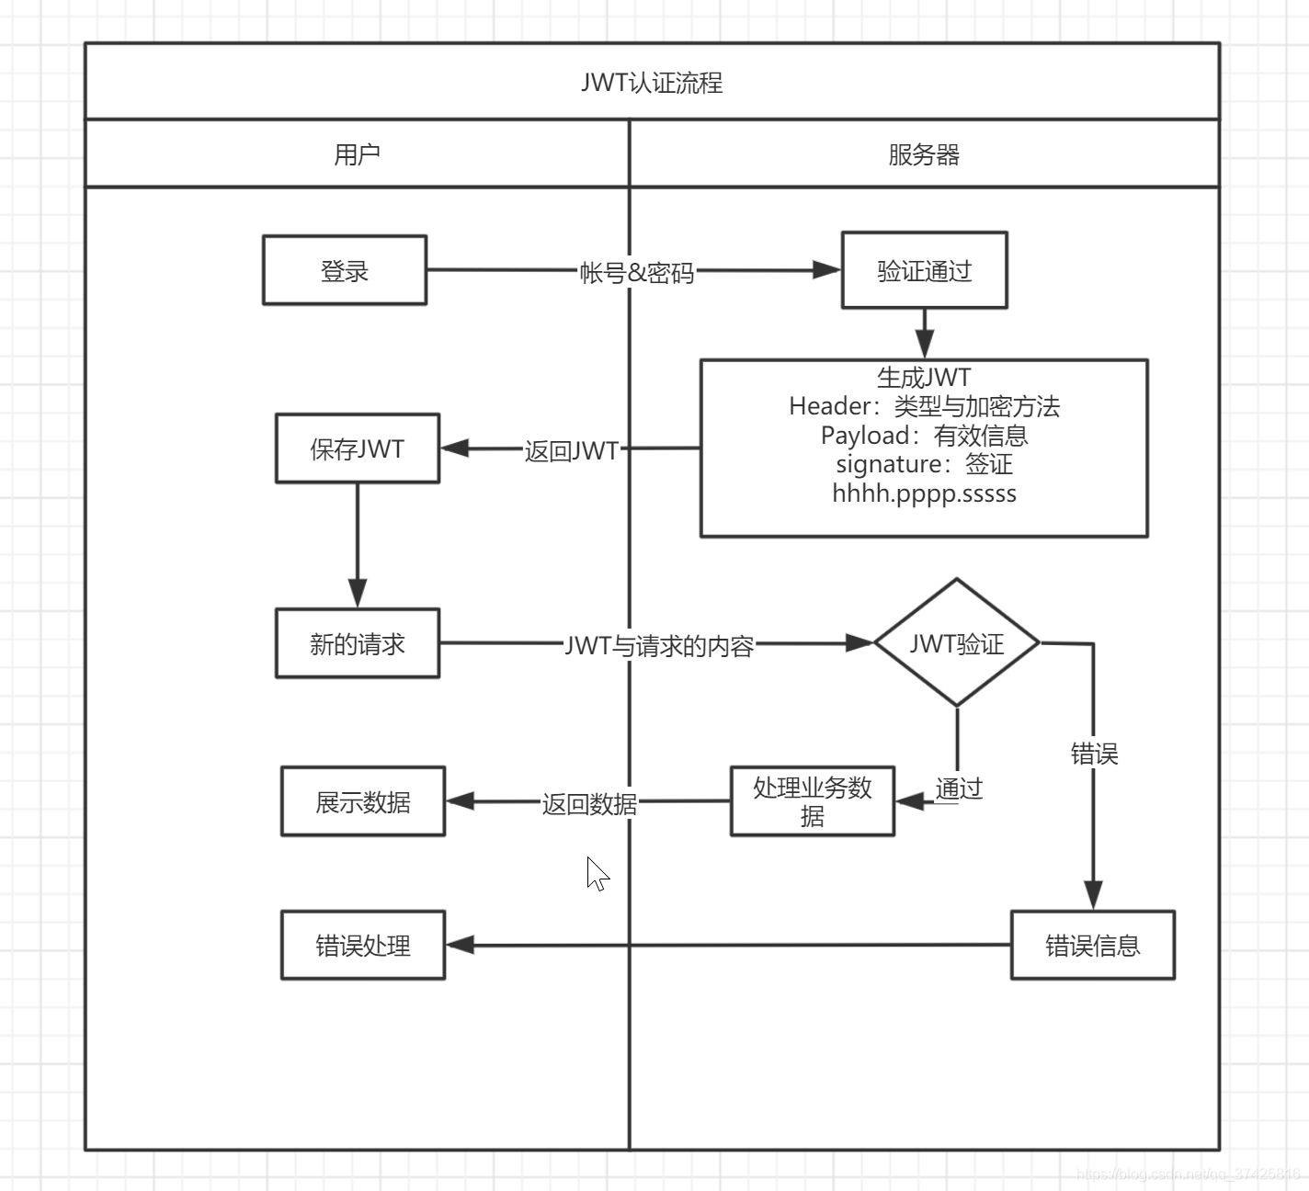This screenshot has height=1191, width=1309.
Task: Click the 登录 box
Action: pyautogui.click(x=345, y=270)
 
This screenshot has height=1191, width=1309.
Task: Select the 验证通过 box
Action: pyautogui.click(x=924, y=269)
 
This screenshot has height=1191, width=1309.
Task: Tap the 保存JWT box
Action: pyautogui.click(x=357, y=448)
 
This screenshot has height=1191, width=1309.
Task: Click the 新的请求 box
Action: pyautogui.click(x=357, y=643)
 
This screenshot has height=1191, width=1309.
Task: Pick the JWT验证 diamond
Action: pyautogui.click(x=957, y=642)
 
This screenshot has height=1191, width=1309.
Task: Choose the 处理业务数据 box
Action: pyautogui.click(x=813, y=801)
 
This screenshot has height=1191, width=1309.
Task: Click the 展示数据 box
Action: pyautogui.click(x=363, y=801)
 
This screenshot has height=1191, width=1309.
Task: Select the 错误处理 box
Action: pyautogui.click(x=363, y=945)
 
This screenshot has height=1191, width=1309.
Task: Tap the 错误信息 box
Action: pyautogui.click(x=1093, y=945)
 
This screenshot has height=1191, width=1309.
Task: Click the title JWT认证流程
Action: pyautogui.click(x=652, y=83)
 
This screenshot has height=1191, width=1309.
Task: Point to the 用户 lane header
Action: pyautogui.click(x=357, y=154)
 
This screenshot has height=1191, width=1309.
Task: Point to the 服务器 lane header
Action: pyautogui.click(x=924, y=154)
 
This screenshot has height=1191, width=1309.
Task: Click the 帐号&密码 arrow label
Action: pyautogui.click(x=637, y=272)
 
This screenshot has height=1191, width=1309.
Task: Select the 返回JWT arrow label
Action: pyautogui.click(x=572, y=450)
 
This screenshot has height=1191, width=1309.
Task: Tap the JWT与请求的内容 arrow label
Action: pyautogui.click(x=659, y=645)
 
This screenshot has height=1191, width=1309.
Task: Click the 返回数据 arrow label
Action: pyautogui.click(x=589, y=804)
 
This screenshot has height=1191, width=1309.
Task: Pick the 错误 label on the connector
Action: pyautogui.click(x=1094, y=754)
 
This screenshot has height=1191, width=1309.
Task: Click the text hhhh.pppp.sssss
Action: pyautogui.click(x=924, y=493)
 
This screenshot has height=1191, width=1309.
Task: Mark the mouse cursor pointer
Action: pyautogui.click(x=598, y=874)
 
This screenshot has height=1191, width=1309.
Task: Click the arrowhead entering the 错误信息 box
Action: pyautogui.click(x=1093, y=895)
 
